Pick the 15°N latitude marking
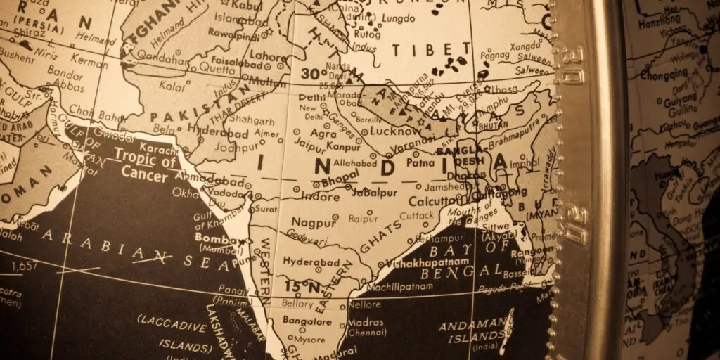[x=302, y=287]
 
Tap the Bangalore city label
[x=307, y=321]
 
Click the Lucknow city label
[x=394, y=131]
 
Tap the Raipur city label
[x=363, y=219]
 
